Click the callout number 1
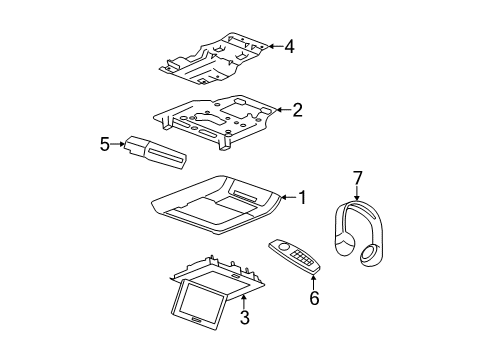302,197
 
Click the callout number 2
297,111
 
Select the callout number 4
289,45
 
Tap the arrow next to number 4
273,45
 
